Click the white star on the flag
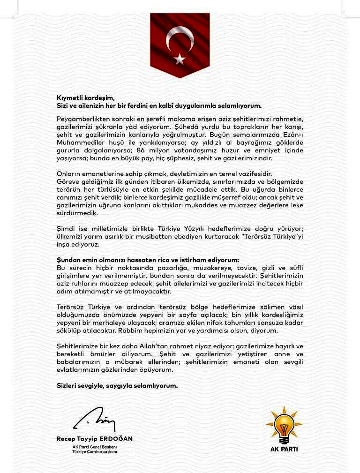coord(180,59)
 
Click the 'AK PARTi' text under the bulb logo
coord(284,449)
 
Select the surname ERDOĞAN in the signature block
coord(116,439)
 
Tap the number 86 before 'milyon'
coord(142,150)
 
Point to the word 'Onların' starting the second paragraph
coord(69,174)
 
